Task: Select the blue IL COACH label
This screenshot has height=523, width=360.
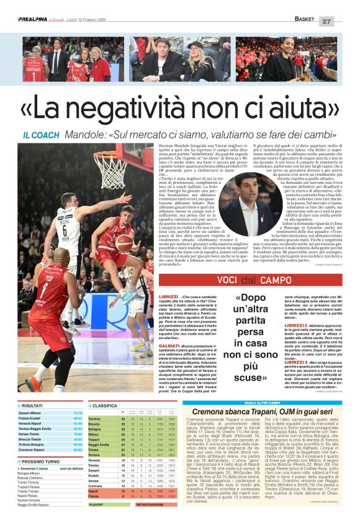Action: (41, 135)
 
